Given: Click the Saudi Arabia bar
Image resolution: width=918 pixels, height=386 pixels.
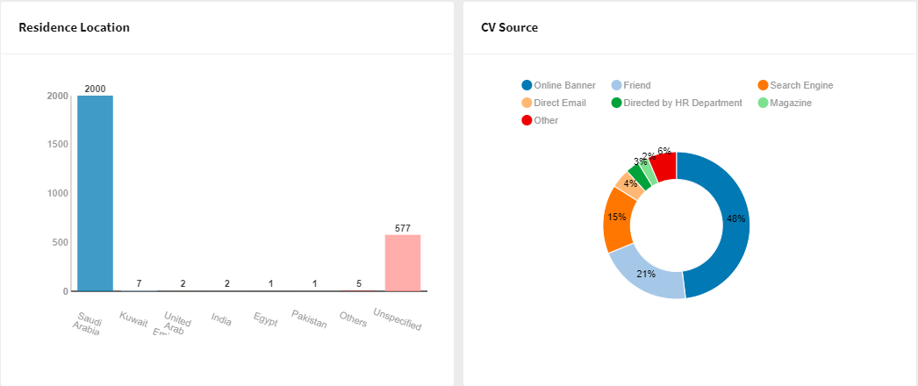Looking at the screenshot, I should click(x=95, y=193).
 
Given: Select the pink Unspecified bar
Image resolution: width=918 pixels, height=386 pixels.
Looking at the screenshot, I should click(x=403, y=262).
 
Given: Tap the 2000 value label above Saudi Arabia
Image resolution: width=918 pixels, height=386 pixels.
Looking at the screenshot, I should click(x=95, y=89).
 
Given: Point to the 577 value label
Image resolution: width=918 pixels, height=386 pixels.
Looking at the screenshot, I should click(x=403, y=228).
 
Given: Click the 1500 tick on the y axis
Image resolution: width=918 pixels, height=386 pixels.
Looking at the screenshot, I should click(x=58, y=145).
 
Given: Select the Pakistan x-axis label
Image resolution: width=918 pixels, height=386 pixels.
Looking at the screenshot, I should click(x=309, y=320).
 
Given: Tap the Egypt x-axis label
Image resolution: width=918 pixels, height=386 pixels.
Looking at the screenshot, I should click(x=265, y=319).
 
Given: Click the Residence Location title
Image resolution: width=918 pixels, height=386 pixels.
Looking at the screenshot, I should click(x=74, y=27).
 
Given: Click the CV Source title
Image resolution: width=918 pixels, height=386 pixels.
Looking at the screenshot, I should click(x=509, y=27).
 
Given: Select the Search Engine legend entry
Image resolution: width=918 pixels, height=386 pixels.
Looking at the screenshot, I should click(x=795, y=85).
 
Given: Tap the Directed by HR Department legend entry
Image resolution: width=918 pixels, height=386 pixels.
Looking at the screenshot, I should click(x=676, y=103).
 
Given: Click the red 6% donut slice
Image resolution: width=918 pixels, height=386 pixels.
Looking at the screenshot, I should click(x=663, y=164).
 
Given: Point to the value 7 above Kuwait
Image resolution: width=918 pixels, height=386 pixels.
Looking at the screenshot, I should click(x=139, y=284).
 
